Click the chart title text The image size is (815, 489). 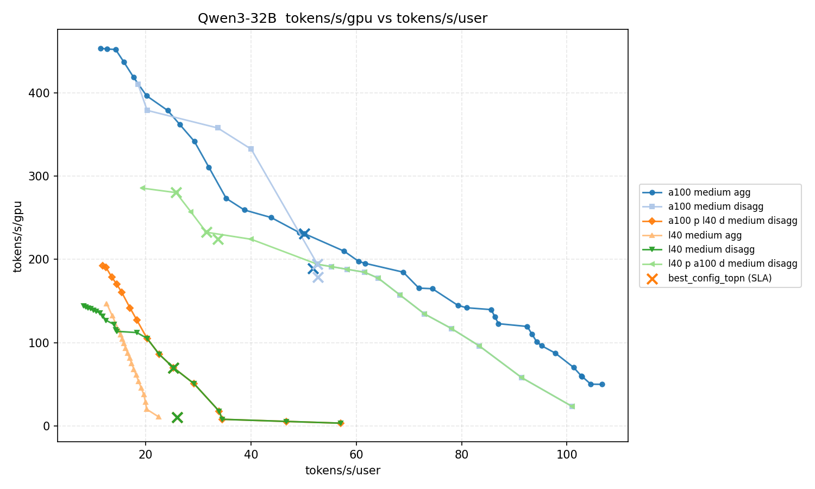342,18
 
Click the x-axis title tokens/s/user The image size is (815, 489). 342,471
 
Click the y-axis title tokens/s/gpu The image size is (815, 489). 18,236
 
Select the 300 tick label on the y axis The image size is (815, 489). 41,176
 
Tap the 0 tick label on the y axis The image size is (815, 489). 47,426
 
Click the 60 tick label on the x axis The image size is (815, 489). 356,455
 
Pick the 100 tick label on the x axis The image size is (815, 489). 567,455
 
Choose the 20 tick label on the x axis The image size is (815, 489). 145,455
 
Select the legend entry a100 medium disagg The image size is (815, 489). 716,206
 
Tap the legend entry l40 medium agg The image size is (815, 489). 705,235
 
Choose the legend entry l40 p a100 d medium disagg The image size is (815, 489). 732,264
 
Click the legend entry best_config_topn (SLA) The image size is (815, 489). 719,278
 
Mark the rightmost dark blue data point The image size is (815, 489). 602,384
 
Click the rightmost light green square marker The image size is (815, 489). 572,406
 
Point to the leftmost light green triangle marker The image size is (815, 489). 142,188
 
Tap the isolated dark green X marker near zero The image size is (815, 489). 177,417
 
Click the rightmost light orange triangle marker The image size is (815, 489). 159,417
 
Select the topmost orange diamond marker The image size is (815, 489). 102,266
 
